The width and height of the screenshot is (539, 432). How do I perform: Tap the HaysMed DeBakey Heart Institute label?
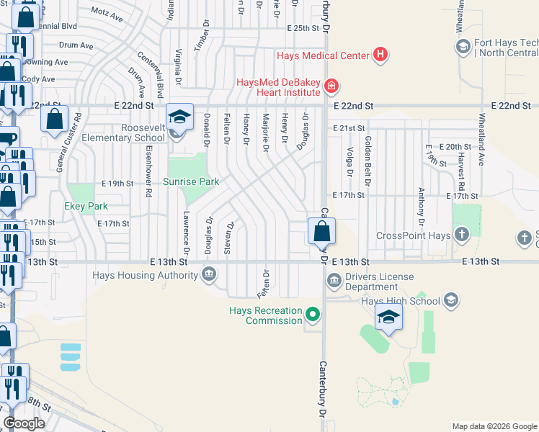pyautogui.click(x=278, y=87)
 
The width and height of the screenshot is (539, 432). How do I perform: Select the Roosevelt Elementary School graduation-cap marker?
pyautogui.click(x=179, y=116)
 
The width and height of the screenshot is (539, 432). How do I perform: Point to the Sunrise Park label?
pyautogui.click(x=191, y=182)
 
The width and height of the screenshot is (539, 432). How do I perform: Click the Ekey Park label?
pyautogui.click(x=87, y=207)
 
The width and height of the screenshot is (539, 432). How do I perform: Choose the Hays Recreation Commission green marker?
pyautogui.click(x=312, y=314)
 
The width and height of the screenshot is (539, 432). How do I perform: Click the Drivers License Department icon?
pyautogui.click(x=334, y=280)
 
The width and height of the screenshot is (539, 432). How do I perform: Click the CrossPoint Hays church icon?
pyautogui.click(x=461, y=235)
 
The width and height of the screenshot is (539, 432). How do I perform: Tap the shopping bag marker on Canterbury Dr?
pyautogui.click(x=321, y=232)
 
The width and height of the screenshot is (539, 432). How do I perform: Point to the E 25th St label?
pyautogui.click(x=302, y=28)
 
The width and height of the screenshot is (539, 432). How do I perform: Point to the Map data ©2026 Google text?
pyautogui.click(x=494, y=426)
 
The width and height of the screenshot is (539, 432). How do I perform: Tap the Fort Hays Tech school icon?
pyautogui.click(x=463, y=48)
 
